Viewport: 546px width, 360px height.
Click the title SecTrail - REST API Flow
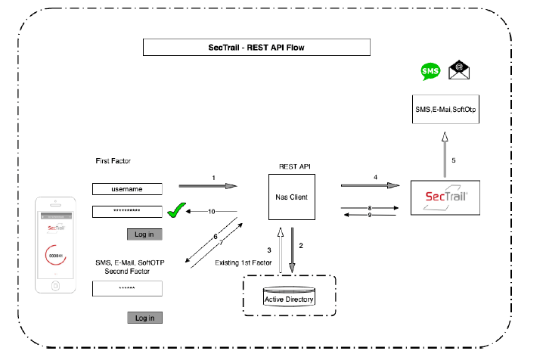pyautogui.click(x=256, y=47)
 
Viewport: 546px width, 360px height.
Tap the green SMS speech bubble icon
pyautogui.click(x=430, y=72)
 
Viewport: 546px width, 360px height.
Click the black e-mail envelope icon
pyautogui.click(x=458, y=71)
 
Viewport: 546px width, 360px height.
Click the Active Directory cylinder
pyautogui.click(x=289, y=297)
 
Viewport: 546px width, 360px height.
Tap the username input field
pyautogui.click(x=128, y=189)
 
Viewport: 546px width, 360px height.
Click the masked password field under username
pyautogui.click(x=128, y=212)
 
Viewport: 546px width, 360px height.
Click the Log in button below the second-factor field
pyautogui.click(x=144, y=318)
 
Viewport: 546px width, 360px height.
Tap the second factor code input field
pyautogui.click(x=128, y=288)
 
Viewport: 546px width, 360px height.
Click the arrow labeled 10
pyautogui.click(x=213, y=212)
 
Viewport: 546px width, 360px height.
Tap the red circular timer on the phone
pyautogui.click(x=55, y=256)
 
